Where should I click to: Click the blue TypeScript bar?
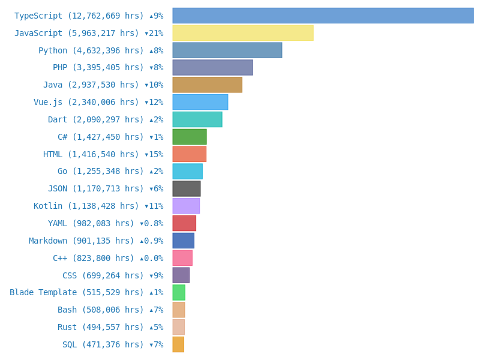tap(323, 16)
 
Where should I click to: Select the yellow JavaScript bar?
tap(242, 33)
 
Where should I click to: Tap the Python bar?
tap(227, 50)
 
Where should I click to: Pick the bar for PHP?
tap(212, 67)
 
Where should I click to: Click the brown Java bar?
tap(207, 85)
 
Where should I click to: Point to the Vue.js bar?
tap(200, 102)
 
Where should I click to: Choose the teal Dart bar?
tap(197, 119)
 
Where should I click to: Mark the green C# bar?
tap(189, 137)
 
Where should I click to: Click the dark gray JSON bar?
tap(186, 188)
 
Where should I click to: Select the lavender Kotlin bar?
tap(186, 206)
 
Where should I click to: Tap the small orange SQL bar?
tap(178, 344)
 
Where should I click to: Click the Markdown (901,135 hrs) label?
tap(82, 241)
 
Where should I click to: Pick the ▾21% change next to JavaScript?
tap(154, 34)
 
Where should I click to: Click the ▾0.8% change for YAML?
tap(151, 223)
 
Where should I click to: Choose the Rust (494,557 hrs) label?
tap(100, 327)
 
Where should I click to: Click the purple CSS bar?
tap(181, 275)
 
